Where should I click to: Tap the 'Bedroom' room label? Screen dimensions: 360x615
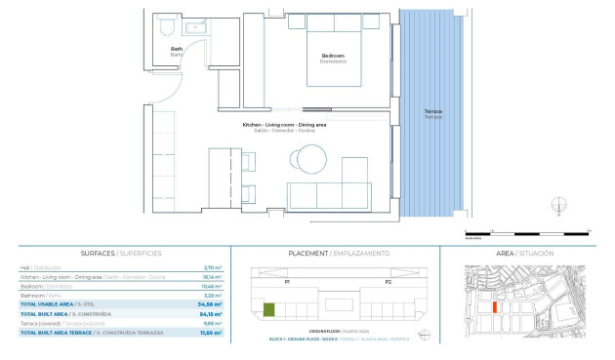[333, 57]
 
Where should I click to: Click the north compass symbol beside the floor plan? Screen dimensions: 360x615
[557, 205]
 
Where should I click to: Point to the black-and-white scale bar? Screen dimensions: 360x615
[526, 233]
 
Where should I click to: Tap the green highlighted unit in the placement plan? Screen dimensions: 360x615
[268, 310]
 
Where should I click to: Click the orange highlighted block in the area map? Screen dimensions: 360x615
[496, 305]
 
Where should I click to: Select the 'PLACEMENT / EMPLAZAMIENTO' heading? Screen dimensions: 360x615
[339, 253]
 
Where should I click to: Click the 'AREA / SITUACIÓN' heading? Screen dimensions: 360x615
[525, 253]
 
